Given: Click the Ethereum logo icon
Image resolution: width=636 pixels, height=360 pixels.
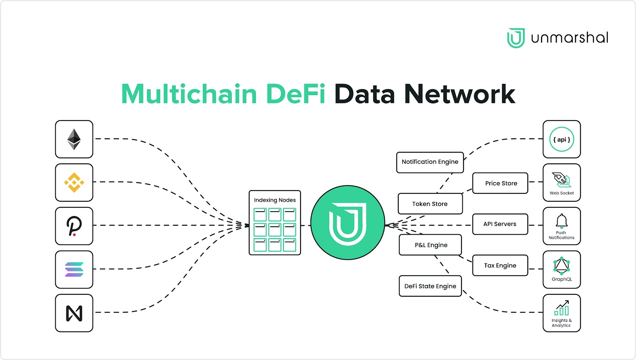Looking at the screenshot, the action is tap(74, 139).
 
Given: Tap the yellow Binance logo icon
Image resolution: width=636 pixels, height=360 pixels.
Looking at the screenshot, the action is tap(74, 183).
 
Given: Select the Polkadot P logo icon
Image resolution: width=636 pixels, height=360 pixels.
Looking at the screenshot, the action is tap(74, 226).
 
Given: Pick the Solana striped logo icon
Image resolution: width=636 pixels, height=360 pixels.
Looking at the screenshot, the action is tap(74, 269).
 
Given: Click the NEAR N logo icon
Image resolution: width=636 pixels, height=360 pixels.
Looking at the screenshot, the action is tap(74, 313).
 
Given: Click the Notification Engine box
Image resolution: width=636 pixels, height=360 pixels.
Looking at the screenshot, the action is tap(430, 162).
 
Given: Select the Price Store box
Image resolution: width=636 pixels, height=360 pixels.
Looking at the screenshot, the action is tap(500, 183).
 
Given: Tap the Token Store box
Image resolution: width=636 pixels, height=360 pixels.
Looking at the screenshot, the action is tap(430, 204).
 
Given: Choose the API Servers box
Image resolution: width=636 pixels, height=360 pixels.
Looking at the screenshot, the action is tap(500, 224).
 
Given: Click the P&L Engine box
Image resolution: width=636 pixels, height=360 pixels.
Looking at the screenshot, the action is tap(430, 245).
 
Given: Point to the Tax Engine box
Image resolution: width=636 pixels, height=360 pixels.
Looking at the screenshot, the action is tap(500, 265).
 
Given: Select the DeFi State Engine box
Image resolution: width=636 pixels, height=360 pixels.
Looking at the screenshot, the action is tap(430, 286).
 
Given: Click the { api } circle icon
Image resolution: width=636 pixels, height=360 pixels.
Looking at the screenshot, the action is tap(562, 139).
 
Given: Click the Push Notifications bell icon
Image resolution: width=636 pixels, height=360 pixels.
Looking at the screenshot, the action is tap(562, 221).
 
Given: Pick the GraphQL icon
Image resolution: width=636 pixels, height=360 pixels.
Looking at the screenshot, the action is tap(562, 266).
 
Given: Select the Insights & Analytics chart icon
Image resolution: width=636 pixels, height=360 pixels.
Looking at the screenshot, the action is tap(562, 308).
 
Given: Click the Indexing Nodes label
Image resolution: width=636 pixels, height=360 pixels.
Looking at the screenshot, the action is tap(275, 200).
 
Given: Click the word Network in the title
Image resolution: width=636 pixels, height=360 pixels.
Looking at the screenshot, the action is tap(460, 94).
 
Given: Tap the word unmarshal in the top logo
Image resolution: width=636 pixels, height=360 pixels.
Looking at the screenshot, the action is tap(570, 38).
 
